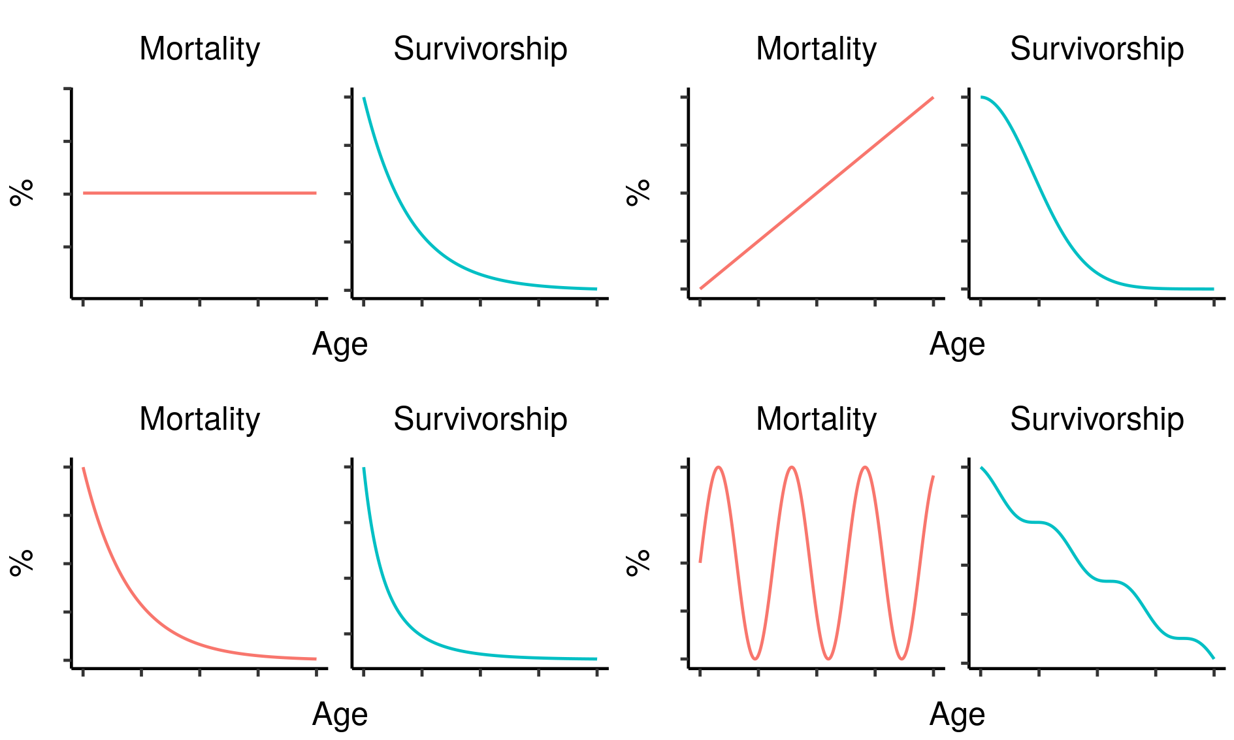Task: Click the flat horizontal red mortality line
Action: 199,193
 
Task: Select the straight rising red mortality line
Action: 817,193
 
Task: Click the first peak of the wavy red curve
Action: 719,468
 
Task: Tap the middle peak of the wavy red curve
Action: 792,468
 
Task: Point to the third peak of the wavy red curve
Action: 865,468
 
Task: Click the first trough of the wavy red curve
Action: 755,658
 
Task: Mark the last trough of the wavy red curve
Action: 901,658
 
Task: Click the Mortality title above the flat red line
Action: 199,49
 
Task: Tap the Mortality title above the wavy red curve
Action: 816,419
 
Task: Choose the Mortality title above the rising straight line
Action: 816,49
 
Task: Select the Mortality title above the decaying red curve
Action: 199,419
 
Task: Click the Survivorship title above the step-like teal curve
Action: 1097,419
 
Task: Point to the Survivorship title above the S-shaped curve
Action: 1097,49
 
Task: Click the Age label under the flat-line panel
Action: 340,344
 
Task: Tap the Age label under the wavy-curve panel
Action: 957,715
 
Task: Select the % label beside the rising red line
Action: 638,193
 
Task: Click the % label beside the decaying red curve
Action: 22,563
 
